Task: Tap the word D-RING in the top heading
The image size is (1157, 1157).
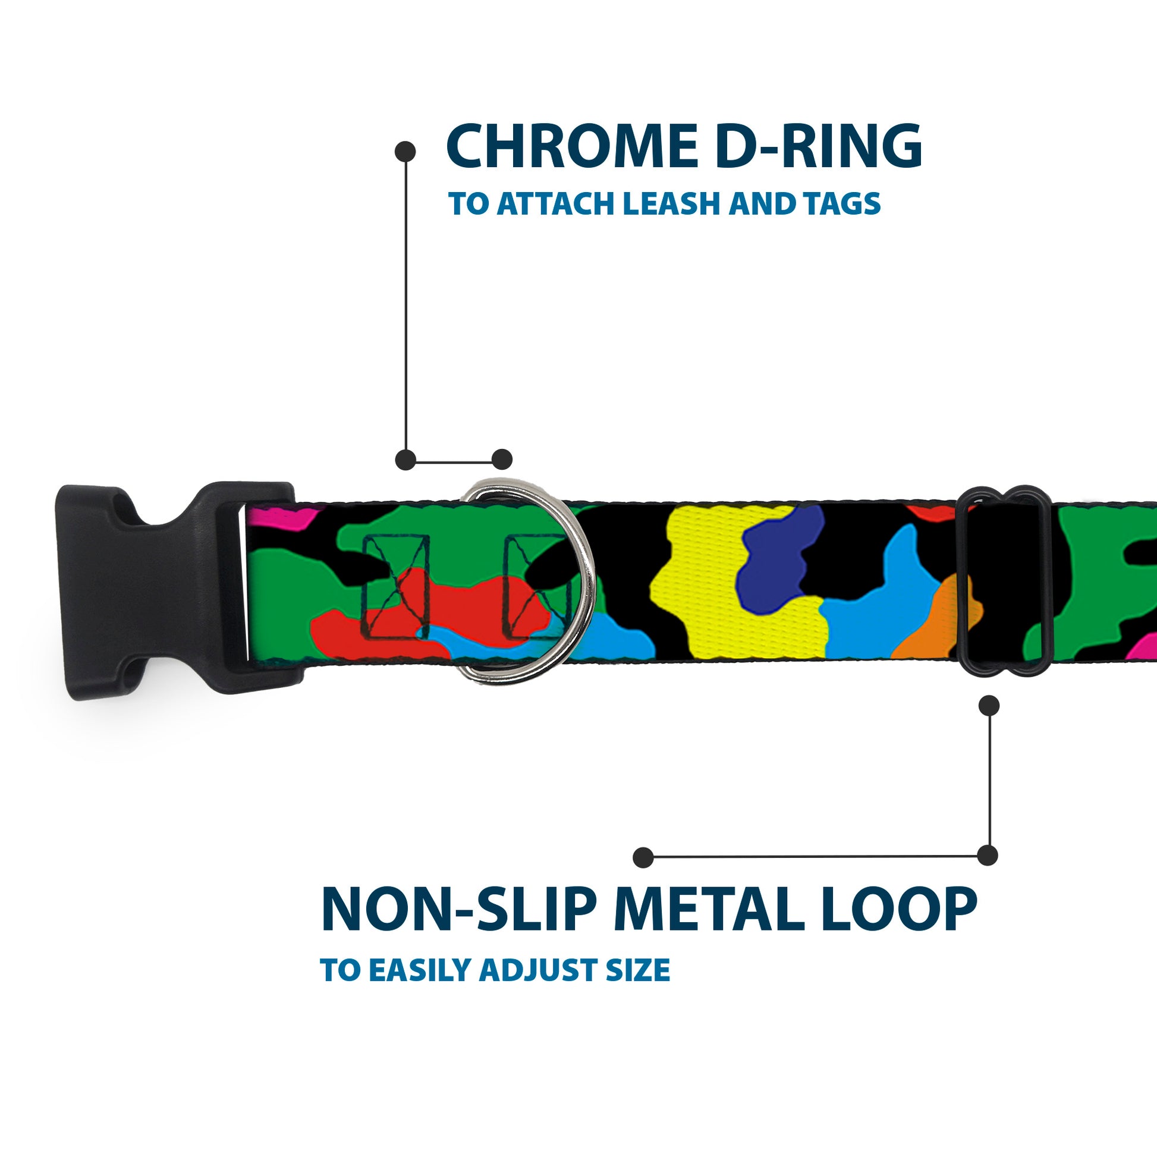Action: [x=818, y=146]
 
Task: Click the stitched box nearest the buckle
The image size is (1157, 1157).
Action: [x=397, y=587]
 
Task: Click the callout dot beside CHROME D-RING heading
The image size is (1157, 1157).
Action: [x=405, y=152]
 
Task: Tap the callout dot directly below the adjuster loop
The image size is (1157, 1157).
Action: [x=989, y=706]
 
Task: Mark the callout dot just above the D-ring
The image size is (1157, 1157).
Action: [x=502, y=460]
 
